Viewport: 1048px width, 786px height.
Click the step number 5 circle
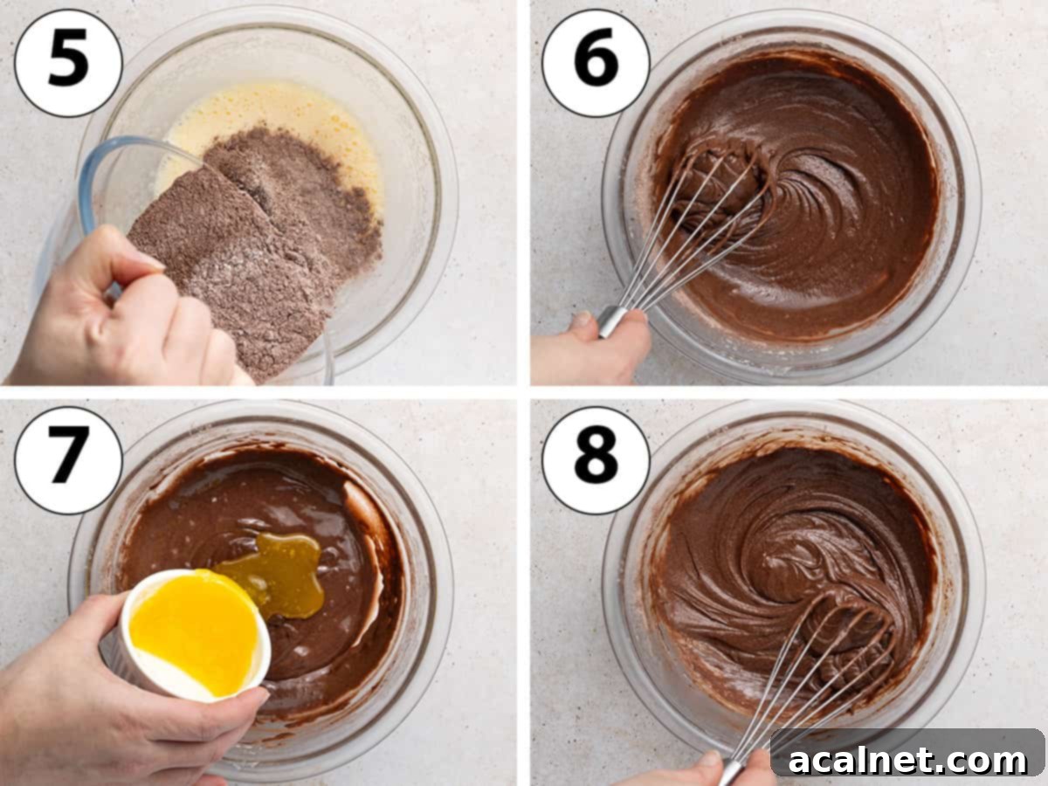(68, 63)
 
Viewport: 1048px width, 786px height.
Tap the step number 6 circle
(596, 63)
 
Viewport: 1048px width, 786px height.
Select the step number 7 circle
(68, 460)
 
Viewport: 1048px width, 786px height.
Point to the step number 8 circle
(596, 460)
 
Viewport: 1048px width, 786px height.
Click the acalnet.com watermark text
(907, 760)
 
